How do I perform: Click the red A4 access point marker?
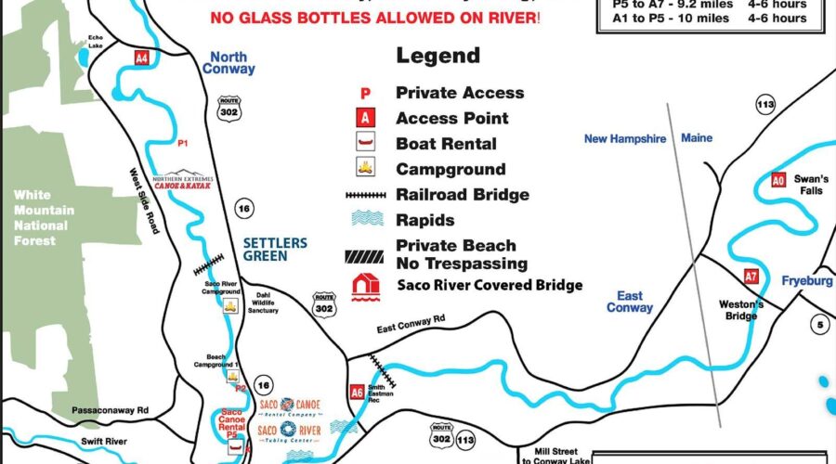point(141,58)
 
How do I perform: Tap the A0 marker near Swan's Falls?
point(778,180)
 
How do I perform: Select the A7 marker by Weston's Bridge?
point(751,277)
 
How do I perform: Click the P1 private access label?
point(183,143)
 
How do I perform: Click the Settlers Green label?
point(274,249)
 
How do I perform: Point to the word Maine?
point(697,138)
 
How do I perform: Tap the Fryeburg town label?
point(806,281)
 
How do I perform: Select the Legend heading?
point(438,55)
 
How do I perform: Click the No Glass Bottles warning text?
point(374,18)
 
